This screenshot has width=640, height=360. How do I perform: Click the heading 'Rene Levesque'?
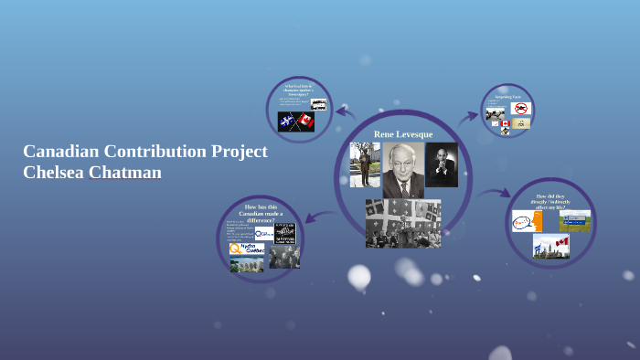(403, 134)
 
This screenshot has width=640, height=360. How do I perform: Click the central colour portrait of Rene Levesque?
(402, 170)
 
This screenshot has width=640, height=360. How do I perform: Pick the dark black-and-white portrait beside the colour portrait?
(442, 165)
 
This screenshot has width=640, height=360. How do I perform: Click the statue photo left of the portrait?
(365, 165)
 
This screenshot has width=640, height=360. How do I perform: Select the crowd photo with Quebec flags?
(403, 223)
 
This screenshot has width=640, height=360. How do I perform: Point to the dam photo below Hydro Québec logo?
(246, 265)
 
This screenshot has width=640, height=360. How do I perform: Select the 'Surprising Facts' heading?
(508, 96)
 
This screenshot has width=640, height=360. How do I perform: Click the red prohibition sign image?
(521, 109)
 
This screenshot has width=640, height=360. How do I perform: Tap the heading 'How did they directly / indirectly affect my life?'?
(551, 202)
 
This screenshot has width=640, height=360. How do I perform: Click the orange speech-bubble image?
(527, 222)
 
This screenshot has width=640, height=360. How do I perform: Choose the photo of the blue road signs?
(574, 220)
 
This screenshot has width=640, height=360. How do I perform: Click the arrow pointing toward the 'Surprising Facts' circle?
(468, 116)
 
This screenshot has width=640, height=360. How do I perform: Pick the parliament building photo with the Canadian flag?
(551, 247)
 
